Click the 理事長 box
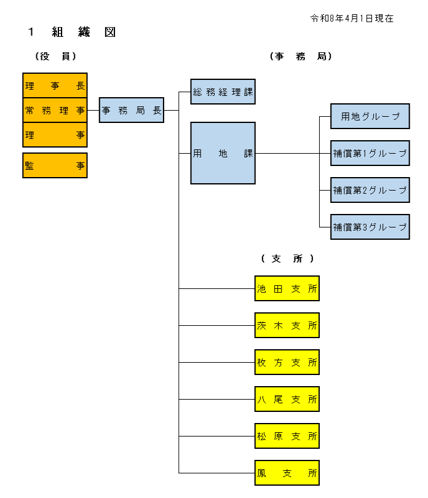click(x=55, y=86)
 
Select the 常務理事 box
click(x=55, y=111)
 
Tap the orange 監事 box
click(x=55, y=165)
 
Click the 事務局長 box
click(x=131, y=111)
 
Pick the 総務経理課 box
click(x=223, y=92)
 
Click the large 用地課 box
click(x=223, y=153)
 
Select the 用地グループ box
click(x=370, y=116)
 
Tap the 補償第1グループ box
click(x=370, y=153)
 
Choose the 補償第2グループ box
click(x=370, y=190)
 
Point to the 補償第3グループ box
click(x=370, y=227)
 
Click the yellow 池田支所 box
click(x=287, y=288)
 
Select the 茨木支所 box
click(x=287, y=325)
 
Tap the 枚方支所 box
click(x=287, y=362)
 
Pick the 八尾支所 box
click(x=287, y=399)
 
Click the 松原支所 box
click(x=287, y=436)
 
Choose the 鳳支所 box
click(x=287, y=473)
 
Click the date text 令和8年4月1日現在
click(x=352, y=19)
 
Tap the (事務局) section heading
click(x=301, y=56)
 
